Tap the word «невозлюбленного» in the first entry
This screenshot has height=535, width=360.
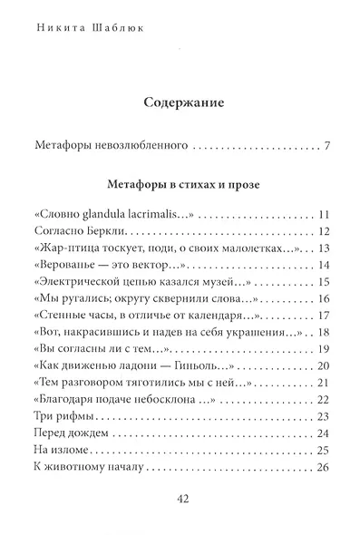tap(139, 145)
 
